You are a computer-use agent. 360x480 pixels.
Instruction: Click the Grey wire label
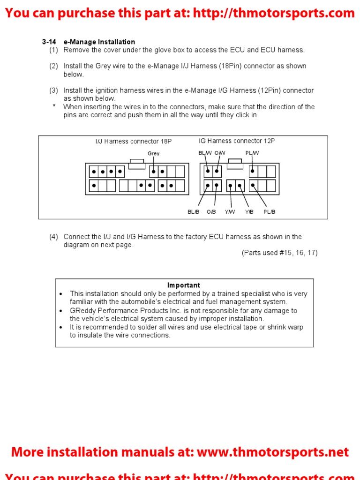point(154,153)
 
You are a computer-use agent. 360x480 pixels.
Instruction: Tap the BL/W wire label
point(205,153)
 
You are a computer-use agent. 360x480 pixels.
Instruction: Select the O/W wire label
point(220,153)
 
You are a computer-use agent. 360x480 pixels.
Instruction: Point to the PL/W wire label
point(252,153)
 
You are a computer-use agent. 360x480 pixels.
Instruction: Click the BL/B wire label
point(194,212)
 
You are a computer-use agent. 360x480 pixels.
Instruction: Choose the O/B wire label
point(211,212)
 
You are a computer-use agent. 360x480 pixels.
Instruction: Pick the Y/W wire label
point(230,212)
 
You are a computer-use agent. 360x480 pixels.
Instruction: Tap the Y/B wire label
point(249,212)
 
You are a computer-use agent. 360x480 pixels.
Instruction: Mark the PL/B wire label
point(270,212)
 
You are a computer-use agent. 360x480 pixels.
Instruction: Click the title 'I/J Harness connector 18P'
point(134,142)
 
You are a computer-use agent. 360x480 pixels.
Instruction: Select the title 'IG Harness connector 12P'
point(237,141)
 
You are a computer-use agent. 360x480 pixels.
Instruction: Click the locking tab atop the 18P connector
point(136,163)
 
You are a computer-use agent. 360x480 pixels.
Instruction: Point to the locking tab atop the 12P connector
point(235,163)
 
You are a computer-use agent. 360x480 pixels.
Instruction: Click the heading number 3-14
point(49,42)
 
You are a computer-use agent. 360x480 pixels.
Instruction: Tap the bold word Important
point(184,285)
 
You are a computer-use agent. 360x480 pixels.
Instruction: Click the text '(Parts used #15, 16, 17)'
point(280,253)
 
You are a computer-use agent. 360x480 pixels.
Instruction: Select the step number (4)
point(54,237)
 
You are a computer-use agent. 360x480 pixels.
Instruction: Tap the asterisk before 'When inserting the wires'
point(54,106)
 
